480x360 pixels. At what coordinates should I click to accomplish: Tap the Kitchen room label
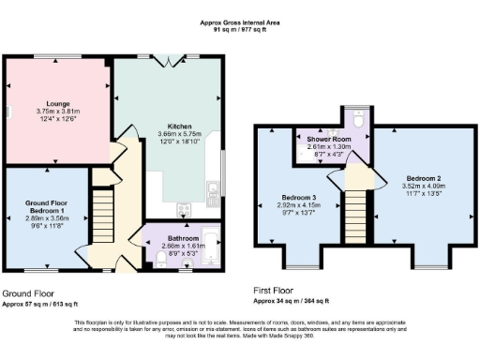point(180,125)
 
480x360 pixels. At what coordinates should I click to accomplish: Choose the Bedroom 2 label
point(424,177)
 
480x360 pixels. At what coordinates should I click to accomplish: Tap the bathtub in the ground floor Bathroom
point(210,246)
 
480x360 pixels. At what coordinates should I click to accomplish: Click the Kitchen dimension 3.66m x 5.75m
point(180,133)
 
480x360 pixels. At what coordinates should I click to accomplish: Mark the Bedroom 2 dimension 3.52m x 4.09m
point(424,186)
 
